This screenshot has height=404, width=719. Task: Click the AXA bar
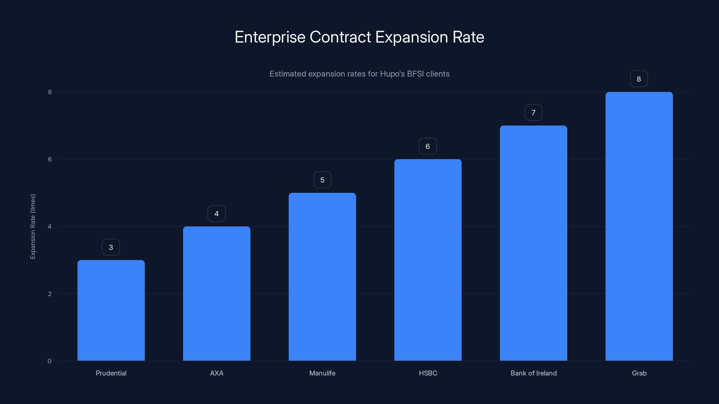coord(217,293)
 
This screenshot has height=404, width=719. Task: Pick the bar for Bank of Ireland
coord(533,243)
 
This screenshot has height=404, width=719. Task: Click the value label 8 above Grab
coord(639,79)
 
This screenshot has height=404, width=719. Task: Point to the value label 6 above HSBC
coord(428,146)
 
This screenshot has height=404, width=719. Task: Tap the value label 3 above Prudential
coord(111,247)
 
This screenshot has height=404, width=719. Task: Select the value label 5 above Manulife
coord(322,180)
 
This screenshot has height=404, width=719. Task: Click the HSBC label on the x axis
coord(428,373)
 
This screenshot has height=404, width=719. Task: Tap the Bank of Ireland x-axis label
coord(533,373)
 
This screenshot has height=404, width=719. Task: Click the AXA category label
coord(217,373)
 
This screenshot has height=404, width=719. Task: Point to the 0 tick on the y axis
coord(49,361)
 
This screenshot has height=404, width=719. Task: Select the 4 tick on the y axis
coord(49,226)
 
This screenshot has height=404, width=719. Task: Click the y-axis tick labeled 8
coord(50,92)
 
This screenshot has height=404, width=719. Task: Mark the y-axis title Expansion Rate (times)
coord(33,226)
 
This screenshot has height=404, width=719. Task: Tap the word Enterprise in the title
coord(270,37)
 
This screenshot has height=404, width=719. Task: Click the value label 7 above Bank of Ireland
coord(533,112)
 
